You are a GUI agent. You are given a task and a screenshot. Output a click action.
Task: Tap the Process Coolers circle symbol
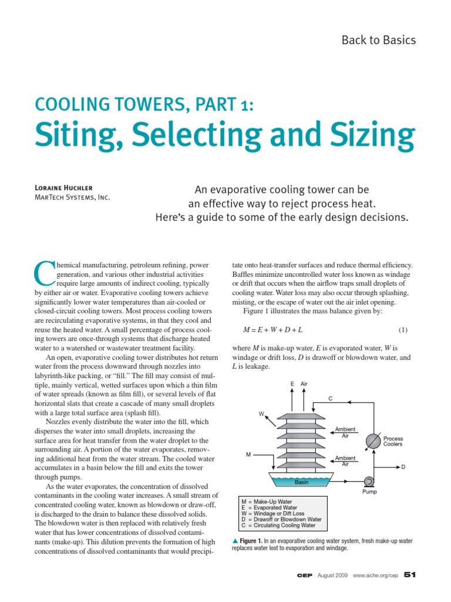[372, 441]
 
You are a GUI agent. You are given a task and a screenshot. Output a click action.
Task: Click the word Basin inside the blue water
[302, 483]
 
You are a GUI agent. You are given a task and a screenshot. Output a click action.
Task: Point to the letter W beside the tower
[261, 414]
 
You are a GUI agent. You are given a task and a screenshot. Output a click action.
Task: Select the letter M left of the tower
[248, 454]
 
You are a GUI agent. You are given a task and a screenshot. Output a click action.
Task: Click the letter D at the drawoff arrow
[403, 467]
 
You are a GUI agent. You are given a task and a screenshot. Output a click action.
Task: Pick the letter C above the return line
[330, 399]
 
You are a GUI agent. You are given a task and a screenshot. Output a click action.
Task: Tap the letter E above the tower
[292, 384]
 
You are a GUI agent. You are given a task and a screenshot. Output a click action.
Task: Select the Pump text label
[369, 492]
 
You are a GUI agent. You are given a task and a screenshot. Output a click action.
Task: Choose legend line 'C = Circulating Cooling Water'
[280, 525]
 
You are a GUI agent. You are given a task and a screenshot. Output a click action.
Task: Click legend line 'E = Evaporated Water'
[270, 507]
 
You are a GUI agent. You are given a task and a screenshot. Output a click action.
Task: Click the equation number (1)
[403, 329]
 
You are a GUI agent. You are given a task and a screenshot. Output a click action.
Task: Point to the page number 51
[409, 574]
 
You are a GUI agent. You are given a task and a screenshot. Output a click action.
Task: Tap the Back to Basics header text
[378, 40]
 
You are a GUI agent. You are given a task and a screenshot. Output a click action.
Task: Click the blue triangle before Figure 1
[235, 540]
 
